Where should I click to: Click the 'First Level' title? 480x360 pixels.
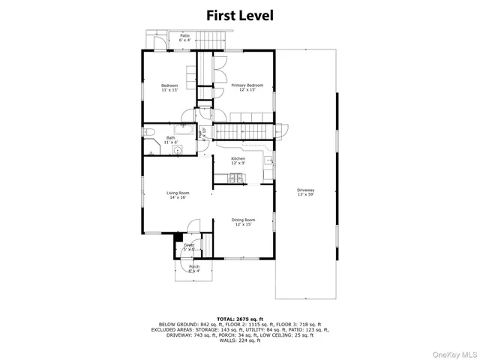click(240, 14)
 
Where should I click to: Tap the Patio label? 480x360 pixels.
click(184, 37)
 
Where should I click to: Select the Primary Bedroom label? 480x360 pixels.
click(247, 88)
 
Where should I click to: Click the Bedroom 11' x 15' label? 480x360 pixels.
click(169, 88)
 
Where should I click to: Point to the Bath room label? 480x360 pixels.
click(171, 139)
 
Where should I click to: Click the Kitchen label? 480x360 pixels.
click(238, 161)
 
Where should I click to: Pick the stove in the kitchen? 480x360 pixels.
click(237, 178)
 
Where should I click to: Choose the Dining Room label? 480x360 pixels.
click(244, 223)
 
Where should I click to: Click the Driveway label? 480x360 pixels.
click(306, 192)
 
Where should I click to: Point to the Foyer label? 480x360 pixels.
click(189, 247)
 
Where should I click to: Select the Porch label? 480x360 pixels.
click(193, 268)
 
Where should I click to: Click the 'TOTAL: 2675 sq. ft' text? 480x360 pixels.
click(240, 319)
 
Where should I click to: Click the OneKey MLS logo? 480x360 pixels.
click(452, 352)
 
